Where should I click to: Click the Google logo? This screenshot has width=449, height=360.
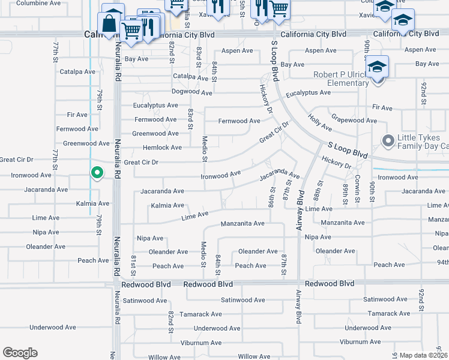pyautogui.click(x=20, y=352)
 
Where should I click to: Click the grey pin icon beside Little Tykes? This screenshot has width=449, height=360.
pyautogui.click(x=388, y=142)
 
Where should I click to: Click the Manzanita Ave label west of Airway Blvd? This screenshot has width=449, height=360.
pyautogui.click(x=243, y=224)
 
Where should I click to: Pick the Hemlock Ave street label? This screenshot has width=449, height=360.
pyautogui.click(x=162, y=148)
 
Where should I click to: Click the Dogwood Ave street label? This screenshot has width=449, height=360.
pyautogui.click(x=192, y=92)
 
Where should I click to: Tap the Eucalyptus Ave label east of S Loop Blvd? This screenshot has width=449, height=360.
pyautogui.click(x=308, y=93)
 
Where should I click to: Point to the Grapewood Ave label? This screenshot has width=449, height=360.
pyautogui.click(x=354, y=121)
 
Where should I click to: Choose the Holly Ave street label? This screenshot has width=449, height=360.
pyautogui.click(x=319, y=123)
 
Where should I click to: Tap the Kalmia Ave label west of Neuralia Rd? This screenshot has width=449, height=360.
pyautogui.click(x=92, y=204)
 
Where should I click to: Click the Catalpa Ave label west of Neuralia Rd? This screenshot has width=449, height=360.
pyautogui.click(x=77, y=72)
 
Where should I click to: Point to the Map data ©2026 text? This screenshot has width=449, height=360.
pyautogui.click(x=423, y=355)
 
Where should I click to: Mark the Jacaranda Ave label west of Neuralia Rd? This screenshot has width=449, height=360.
pyautogui.click(x=46, y=190)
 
